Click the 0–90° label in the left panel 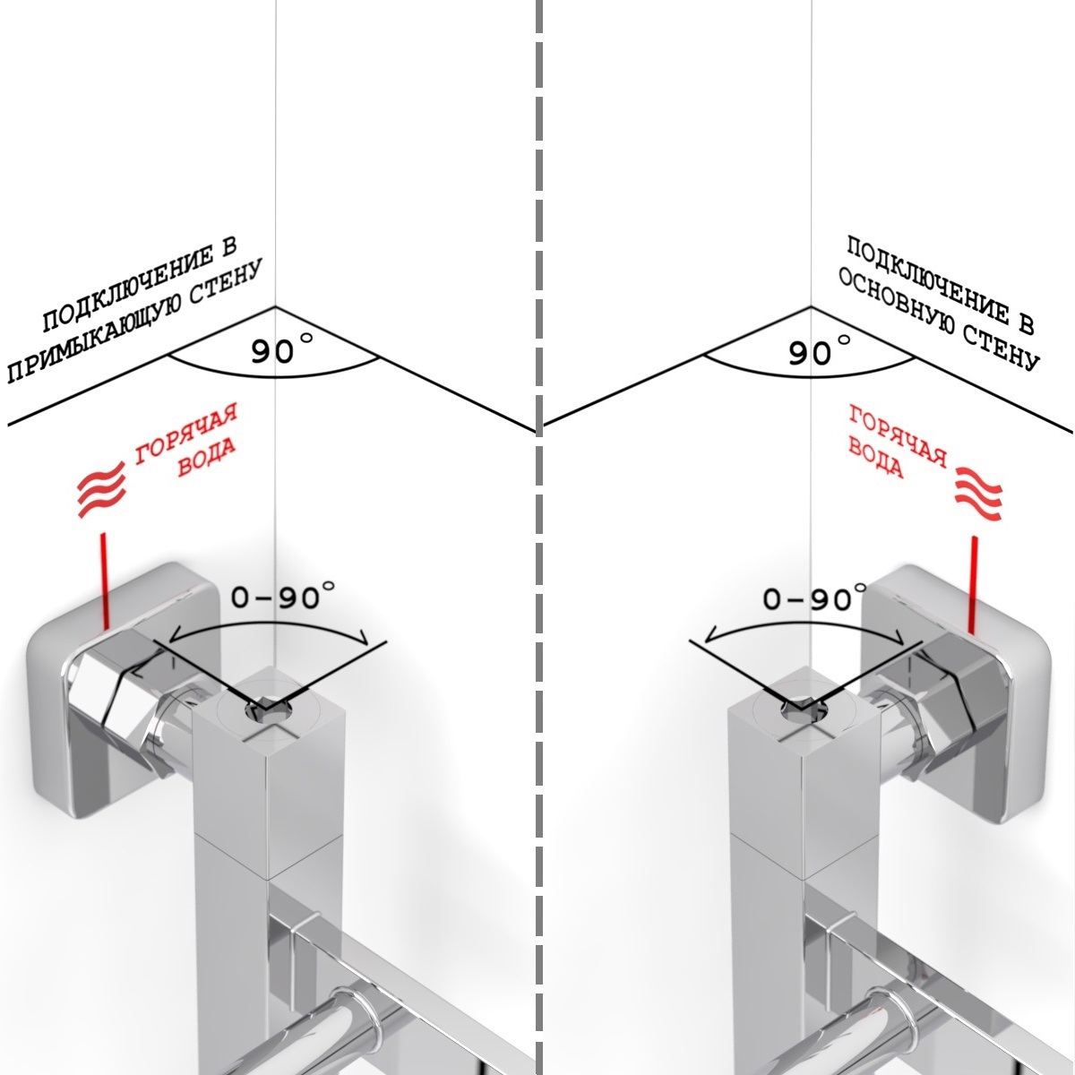(283, 595)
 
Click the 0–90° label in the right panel (815, 597)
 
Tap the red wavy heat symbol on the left (101, 487)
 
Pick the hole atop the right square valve (801, 711)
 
